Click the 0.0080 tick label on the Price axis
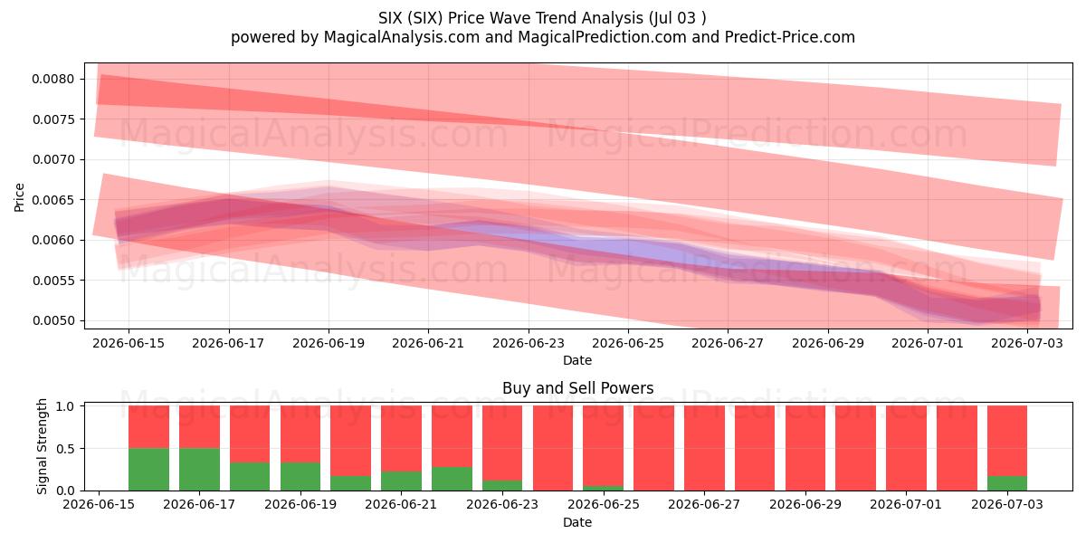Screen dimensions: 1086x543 (52, 79)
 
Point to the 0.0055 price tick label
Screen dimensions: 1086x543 (52, 281)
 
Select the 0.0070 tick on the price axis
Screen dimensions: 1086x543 (52, 159)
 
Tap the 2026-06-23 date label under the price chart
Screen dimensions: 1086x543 (529, 343)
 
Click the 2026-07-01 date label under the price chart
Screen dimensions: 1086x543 (928, 343)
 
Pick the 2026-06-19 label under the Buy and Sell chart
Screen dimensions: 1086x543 (300, 504)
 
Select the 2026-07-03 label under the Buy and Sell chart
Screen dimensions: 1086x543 (1007, 504)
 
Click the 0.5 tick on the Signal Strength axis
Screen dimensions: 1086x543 (65, 449)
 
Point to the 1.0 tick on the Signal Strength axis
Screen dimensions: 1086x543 (65, 406)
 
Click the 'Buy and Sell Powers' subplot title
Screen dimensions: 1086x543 (578, 388)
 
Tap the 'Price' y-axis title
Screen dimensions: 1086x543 (19, 197)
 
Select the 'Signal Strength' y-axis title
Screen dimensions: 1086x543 (42, 446)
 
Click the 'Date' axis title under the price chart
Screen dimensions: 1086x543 (577, 360)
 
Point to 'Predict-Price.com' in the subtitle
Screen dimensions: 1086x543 (790, 37)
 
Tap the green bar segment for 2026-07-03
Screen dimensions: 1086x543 (1007, 483)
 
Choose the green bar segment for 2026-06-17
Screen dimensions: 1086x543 (199, 470)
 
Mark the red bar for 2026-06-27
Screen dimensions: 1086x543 (704, 448)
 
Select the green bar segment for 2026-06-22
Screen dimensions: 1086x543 (452, 479)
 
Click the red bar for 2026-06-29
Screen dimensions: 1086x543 (805, 448)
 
